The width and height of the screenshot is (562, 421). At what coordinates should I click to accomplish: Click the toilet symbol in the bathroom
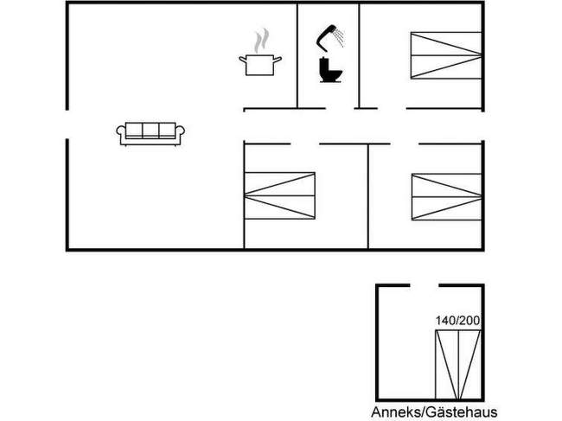(329, 70)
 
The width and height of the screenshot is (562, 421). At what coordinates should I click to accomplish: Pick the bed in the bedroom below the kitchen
(279, 196)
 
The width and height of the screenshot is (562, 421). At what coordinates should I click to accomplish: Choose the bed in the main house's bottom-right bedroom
(446, 196)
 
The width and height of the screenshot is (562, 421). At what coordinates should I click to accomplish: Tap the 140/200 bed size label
(457, 321)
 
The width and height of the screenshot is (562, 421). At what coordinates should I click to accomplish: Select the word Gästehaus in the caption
(460, 411)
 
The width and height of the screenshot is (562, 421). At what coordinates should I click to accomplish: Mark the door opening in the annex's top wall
(422, 284)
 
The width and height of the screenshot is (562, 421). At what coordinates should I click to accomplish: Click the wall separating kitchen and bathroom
(298, 56)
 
